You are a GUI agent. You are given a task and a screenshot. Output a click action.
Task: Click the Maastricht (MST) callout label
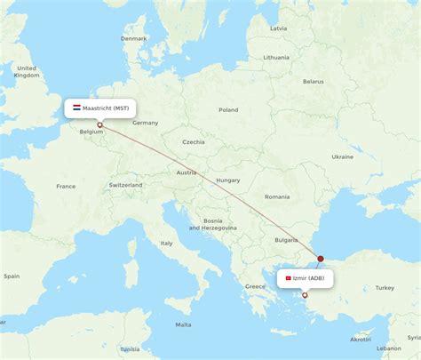[100, 108]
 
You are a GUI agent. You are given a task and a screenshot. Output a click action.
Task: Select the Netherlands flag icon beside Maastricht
[76, 108]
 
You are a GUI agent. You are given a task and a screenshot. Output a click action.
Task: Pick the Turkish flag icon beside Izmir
[288, 278]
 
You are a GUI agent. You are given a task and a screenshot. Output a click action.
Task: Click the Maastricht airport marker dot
[99, 124]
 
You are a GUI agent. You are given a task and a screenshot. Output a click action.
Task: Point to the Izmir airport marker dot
[305, 295]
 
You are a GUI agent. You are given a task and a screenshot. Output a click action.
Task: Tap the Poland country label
[228, 110]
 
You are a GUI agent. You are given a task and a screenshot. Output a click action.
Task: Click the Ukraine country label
[342, 156]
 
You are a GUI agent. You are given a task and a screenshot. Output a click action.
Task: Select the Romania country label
[276, 196]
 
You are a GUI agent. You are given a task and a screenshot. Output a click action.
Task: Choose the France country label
[66, 187]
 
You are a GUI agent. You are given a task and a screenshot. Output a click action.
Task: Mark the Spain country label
[11, 276]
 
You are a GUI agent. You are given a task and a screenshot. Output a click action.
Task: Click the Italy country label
[166, 243]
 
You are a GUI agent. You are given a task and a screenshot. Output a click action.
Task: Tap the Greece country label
[256, 286]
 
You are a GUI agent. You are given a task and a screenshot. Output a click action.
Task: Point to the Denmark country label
[134, 39]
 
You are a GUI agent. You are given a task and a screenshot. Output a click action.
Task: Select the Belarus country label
[313, 81]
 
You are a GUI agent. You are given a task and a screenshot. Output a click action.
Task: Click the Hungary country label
[227, 180]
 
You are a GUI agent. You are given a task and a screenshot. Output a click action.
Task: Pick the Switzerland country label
[125, 185]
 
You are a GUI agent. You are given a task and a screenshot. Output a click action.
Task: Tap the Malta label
[183, 324]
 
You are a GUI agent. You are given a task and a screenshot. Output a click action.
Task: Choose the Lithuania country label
[276, 57]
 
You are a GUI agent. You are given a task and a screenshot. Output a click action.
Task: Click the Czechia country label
[193, 142]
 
